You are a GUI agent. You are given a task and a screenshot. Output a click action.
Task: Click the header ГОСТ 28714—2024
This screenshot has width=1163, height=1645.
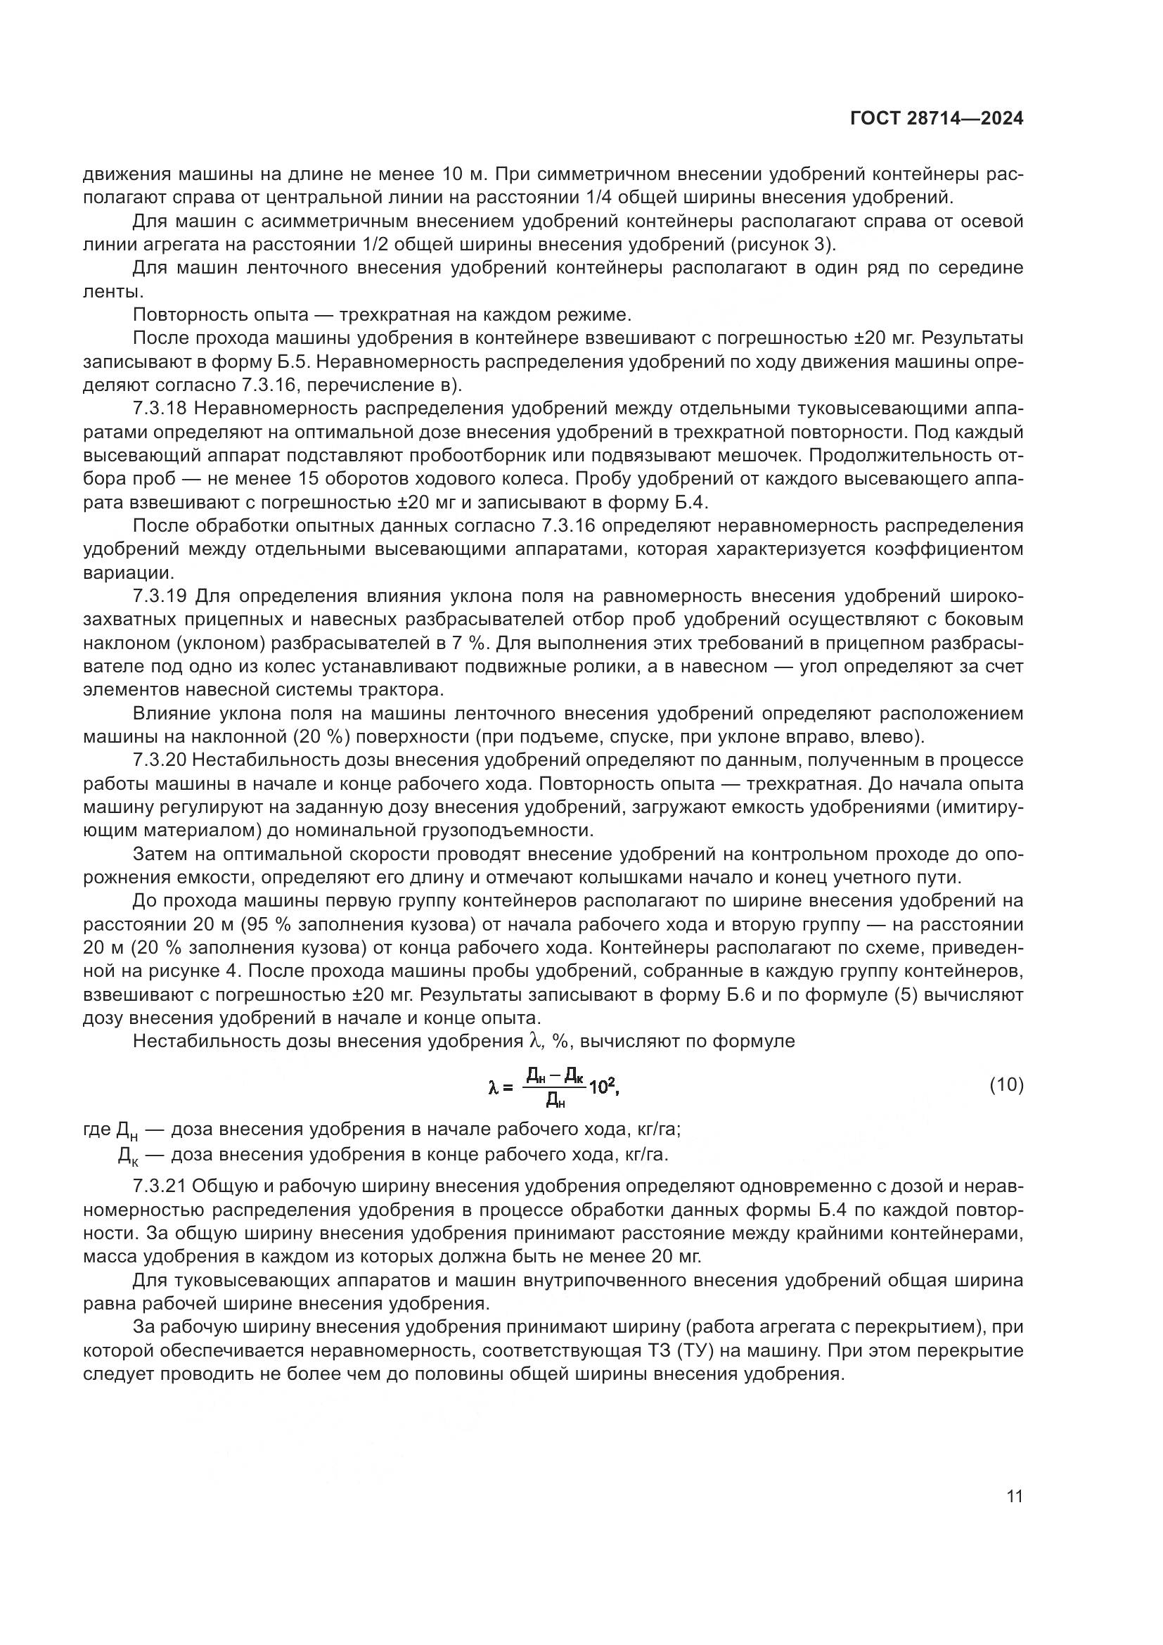point(936,119)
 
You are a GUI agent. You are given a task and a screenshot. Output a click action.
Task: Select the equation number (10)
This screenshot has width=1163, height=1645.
point(1006,1084)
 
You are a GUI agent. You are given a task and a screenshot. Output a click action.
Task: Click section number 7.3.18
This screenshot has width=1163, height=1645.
point(160,409)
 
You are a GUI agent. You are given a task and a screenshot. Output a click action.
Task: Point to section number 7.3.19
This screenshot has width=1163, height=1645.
point(160,596)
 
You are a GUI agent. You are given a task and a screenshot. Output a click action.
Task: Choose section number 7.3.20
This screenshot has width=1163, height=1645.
point(160,760)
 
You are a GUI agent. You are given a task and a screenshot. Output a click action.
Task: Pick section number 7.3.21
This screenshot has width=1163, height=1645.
point(160,1186)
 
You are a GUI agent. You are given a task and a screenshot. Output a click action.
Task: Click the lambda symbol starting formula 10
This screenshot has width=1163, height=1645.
point(493,1087)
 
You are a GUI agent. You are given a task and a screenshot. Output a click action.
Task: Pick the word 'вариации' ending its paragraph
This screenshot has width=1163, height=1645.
point(127,573)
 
